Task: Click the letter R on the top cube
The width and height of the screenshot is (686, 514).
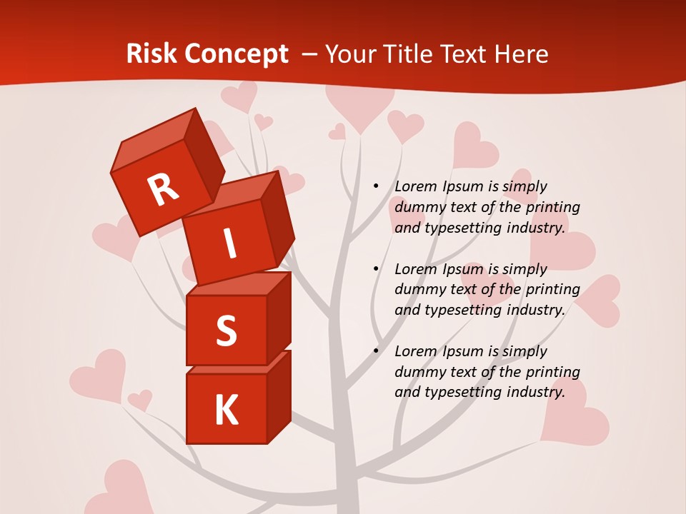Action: [163, 189]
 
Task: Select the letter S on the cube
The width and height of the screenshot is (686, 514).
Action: [226, 331]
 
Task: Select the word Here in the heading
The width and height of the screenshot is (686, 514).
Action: [520, 54]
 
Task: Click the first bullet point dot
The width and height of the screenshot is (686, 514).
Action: [376, 186]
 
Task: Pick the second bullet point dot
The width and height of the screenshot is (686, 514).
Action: [376, 269]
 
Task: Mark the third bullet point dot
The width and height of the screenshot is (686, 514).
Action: [376, 351]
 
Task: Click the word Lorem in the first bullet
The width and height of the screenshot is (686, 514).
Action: [414, 186]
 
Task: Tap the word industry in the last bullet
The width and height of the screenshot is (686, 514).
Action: [533, 392]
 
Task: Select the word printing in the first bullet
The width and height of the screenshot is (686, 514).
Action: [552, 207]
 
